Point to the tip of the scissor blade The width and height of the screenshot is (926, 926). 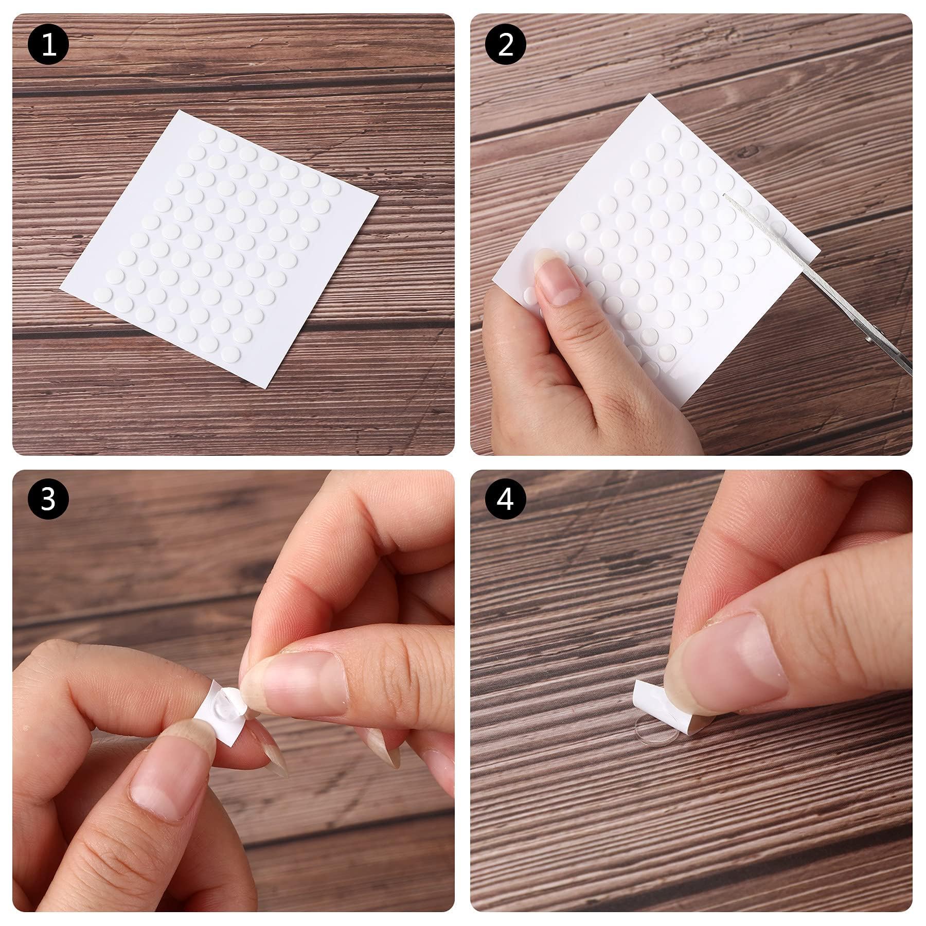[724, 194]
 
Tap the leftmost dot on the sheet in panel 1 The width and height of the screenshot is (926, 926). [103, 295]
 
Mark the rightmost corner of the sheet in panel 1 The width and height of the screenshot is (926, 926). [378, 207]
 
